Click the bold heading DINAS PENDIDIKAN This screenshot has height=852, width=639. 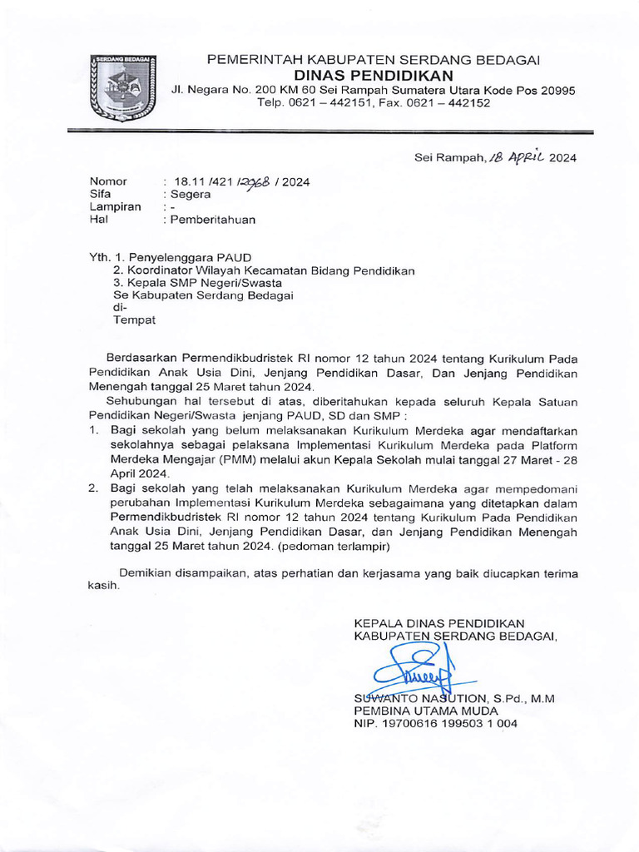pos(374,75)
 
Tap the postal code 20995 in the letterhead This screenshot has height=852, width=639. pos(553,90)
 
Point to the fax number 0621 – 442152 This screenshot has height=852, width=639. pos(445,103)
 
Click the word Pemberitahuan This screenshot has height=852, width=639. pos(214,220)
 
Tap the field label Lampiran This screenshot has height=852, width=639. pos(115,207)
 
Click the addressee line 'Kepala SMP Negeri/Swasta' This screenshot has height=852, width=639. pos(197,283)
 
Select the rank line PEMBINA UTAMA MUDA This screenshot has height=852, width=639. pos(426,711)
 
